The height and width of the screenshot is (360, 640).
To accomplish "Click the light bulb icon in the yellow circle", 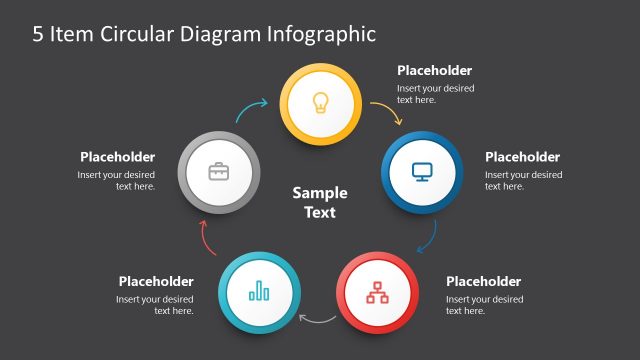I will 320,102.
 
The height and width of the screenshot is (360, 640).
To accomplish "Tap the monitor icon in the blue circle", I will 421,171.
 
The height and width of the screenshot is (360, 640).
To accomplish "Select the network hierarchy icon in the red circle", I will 377,292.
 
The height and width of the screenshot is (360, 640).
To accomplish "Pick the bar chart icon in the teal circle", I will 259,292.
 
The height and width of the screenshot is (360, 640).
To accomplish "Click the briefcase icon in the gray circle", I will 218,171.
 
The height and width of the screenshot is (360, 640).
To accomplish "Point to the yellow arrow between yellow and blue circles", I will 387,112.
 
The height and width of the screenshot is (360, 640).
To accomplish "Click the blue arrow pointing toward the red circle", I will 427,236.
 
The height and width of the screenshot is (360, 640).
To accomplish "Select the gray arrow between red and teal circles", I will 318,319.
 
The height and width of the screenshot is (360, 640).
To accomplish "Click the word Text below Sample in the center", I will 320,212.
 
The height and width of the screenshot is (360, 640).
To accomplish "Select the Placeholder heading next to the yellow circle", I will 434,71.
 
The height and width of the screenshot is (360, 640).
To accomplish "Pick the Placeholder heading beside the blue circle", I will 522,157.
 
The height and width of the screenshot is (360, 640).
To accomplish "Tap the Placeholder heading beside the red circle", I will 483,281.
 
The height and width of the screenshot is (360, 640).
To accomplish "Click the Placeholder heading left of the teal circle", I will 156,281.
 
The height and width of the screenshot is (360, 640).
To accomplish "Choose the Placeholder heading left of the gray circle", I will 117,157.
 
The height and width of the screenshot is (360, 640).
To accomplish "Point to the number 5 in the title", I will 38,34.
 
